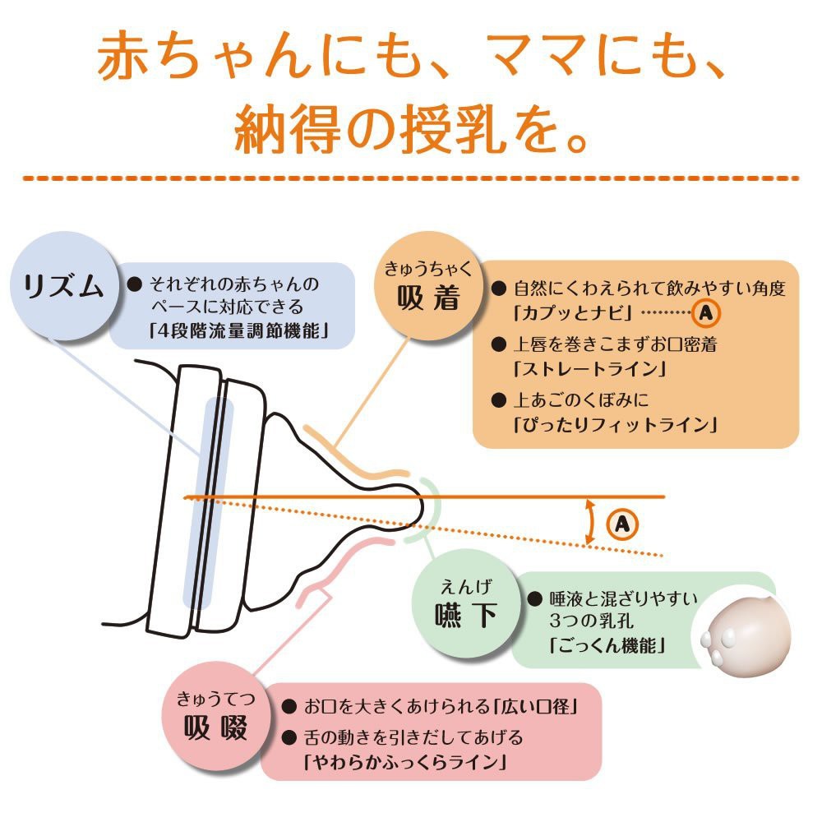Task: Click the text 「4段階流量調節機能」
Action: click(233, 332)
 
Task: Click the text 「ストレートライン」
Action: click(589, 368)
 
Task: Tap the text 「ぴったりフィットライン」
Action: click(615, 425)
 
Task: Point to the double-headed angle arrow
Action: click(589, 521)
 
